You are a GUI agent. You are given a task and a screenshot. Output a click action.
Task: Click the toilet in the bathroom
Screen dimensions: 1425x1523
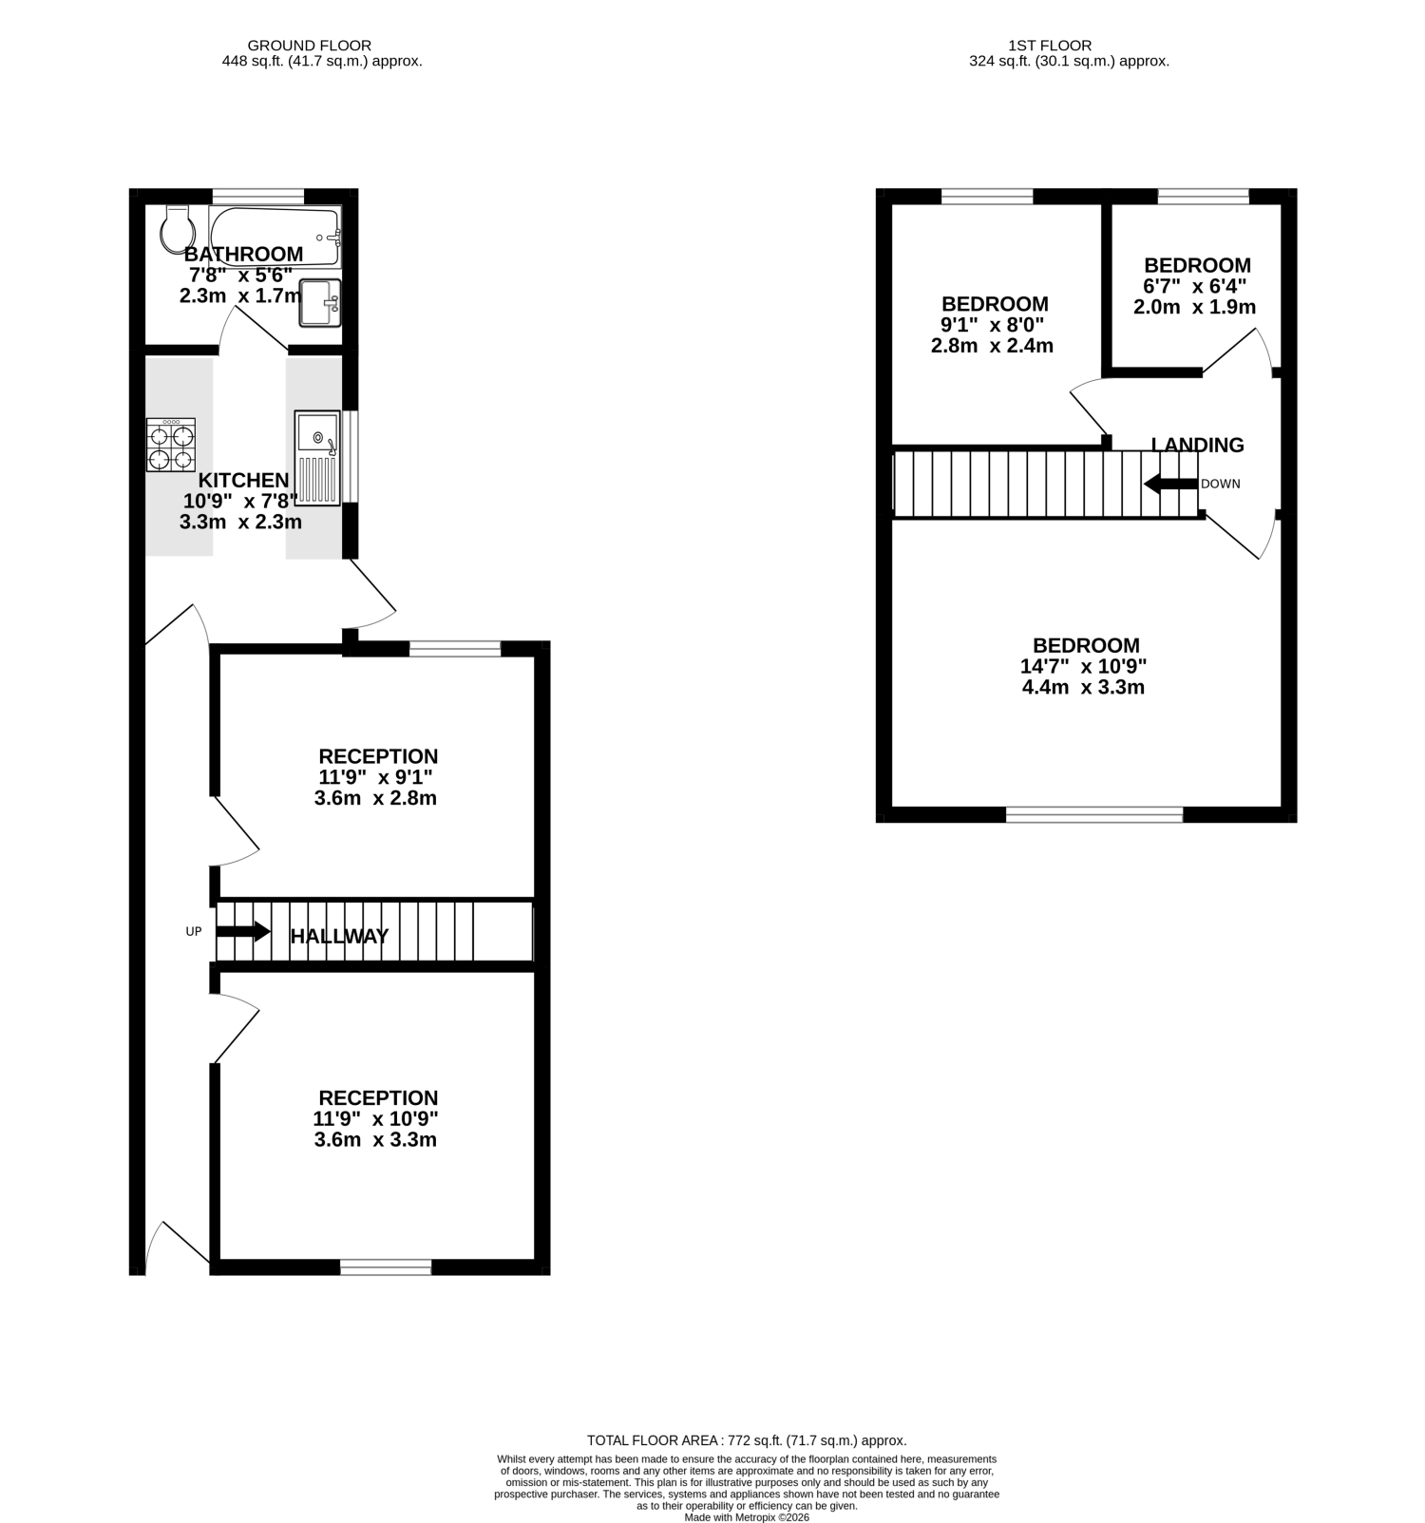tap(177, 228)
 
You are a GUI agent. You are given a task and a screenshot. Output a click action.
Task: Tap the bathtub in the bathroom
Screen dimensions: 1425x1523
tap(275, 237)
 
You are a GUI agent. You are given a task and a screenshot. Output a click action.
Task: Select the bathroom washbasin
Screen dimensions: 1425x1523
tap(320, 302)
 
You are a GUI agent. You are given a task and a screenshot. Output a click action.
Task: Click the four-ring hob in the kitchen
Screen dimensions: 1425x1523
tap(171, 446)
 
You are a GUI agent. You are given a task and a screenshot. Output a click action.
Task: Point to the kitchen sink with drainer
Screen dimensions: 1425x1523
tap(317, 457)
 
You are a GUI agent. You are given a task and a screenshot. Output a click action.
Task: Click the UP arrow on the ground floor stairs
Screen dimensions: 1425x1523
tap(244, 931)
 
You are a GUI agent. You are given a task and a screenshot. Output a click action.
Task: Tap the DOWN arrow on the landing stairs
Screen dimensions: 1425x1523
tap(1170, 484)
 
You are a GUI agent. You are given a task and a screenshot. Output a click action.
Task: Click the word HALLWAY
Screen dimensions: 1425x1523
tap(339, 937)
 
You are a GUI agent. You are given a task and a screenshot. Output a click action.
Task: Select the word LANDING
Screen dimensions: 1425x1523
tap(1197, 445)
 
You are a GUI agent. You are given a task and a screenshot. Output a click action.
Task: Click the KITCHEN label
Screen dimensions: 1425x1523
tap(243, 481)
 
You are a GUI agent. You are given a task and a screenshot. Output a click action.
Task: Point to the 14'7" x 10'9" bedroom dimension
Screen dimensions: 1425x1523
tap(1084, 666)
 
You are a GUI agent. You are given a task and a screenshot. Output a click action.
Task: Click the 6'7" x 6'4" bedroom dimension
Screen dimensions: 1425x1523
tap(1195, 286)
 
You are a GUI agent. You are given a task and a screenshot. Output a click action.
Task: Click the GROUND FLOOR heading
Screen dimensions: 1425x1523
tap(309, 45)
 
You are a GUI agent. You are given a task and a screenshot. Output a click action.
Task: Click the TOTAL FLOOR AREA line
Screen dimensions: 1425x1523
tap(747, 1440)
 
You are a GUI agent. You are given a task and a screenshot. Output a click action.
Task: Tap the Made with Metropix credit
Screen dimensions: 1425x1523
tap(747, 1517)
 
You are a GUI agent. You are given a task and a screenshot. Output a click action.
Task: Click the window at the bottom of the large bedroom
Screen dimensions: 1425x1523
tap(1094, 814)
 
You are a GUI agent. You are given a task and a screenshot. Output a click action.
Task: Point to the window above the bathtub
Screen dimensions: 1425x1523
tap(257, 196)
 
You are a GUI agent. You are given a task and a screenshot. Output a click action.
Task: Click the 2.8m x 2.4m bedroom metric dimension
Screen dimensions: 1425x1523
tap(992, 346)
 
